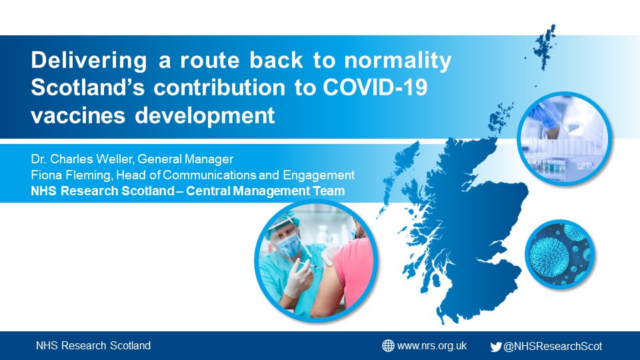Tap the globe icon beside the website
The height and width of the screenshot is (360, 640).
(x=388, y=345)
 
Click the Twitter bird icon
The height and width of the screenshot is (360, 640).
(x=496, y=346)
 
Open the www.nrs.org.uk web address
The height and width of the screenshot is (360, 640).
(x=431, y=345)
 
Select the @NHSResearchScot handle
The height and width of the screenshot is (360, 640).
(x=553, y=346)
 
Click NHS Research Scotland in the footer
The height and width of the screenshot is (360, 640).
(x=93, y=345)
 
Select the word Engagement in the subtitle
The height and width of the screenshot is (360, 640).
(x=321, y=175)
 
